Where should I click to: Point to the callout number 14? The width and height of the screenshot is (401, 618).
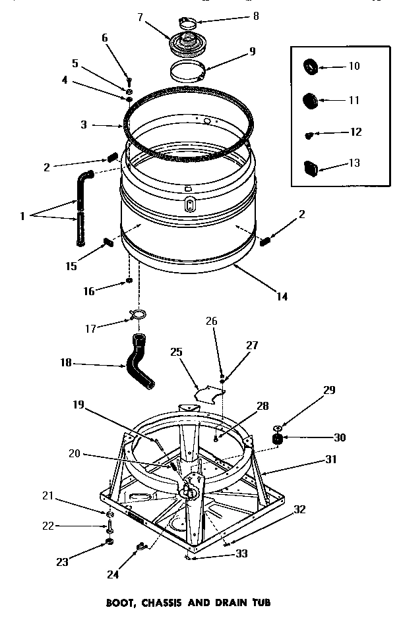coord(282,296)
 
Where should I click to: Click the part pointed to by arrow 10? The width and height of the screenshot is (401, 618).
coord(311,66)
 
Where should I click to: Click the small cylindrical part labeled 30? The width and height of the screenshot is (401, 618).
coord(278,438)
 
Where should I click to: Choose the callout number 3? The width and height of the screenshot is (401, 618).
coord(84,124)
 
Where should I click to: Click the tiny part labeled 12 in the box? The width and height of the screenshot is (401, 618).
coord(308,134)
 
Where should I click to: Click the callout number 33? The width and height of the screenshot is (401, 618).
coord(241,553)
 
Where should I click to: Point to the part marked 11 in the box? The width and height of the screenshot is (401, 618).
coord(310,101)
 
